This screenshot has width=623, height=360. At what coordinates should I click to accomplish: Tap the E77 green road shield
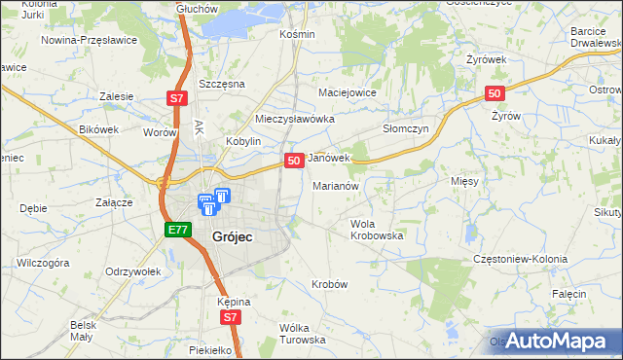point(176,230)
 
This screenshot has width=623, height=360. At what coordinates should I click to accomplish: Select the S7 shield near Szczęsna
point(176,98)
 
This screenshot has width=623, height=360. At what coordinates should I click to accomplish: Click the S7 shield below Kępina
point(229,317)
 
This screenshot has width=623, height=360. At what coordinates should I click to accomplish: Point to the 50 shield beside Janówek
point(292,159)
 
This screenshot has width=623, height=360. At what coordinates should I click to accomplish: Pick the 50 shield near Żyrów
point(495,93)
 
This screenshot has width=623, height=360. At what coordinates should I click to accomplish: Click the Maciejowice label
point(348,92)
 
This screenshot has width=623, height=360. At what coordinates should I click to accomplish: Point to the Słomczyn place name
point(405,128)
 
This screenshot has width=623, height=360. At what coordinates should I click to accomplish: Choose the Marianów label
point(337,185)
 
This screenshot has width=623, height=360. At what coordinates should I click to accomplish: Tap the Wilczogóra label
point(43,263)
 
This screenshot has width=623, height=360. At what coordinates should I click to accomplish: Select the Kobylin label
point(244,141)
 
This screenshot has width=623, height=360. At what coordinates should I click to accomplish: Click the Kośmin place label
point(297,34)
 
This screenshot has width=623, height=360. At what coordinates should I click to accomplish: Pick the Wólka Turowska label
point(302,334)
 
